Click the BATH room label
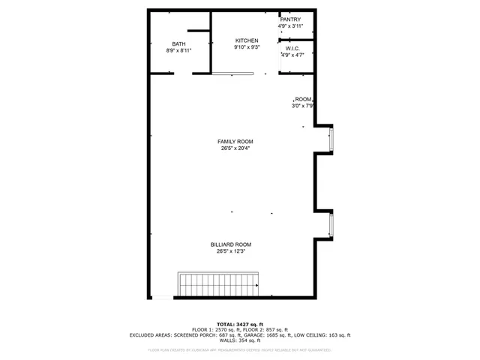(178, 43)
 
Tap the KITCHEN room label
(247, 40)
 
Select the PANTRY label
(291, 19)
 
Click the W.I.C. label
(292, 48)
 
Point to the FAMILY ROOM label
(235, 142)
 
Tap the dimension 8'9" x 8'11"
(178, 50)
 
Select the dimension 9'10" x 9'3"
(247, 47)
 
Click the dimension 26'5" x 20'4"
(235, 148)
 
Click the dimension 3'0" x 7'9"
(302, 106)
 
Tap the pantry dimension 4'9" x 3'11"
(291, 26)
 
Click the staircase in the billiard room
(217, 284)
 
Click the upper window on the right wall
(331, 139)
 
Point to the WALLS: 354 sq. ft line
(239, 340)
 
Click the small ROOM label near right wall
(303, 99)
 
